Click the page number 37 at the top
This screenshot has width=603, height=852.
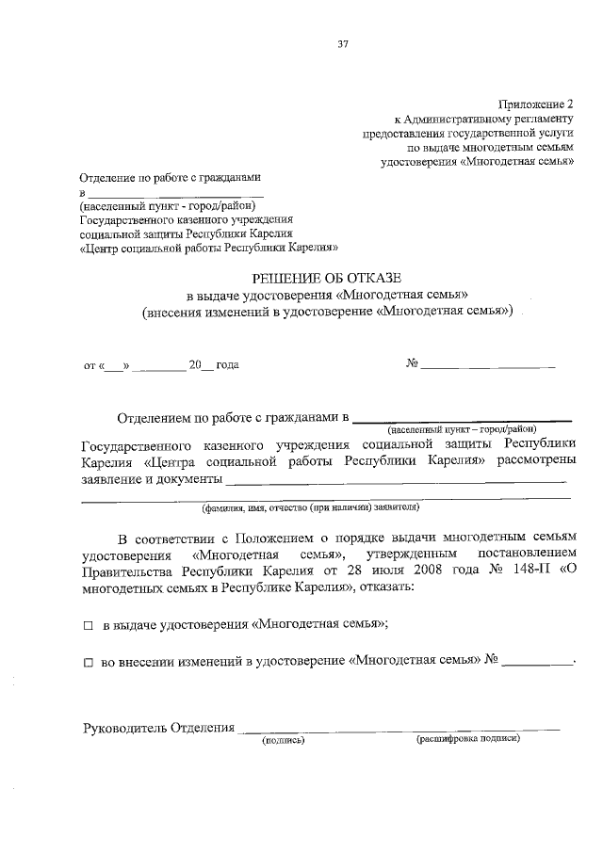[342, 42]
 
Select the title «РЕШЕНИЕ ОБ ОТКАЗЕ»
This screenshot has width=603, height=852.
[326, 277]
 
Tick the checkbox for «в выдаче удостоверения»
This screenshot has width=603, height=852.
[89, 624]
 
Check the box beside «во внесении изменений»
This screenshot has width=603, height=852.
[89, 663]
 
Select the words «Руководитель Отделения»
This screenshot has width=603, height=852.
[158, 727]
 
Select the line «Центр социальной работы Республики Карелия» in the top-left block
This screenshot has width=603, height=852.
[204, 248]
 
